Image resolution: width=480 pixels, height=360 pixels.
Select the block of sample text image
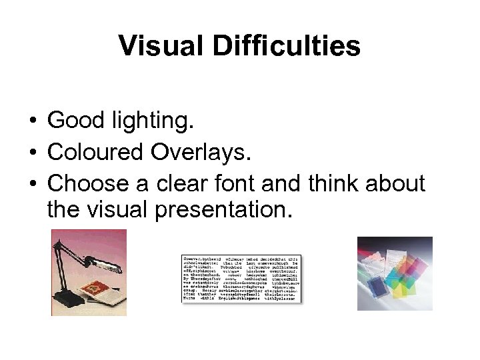(241, 279)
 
